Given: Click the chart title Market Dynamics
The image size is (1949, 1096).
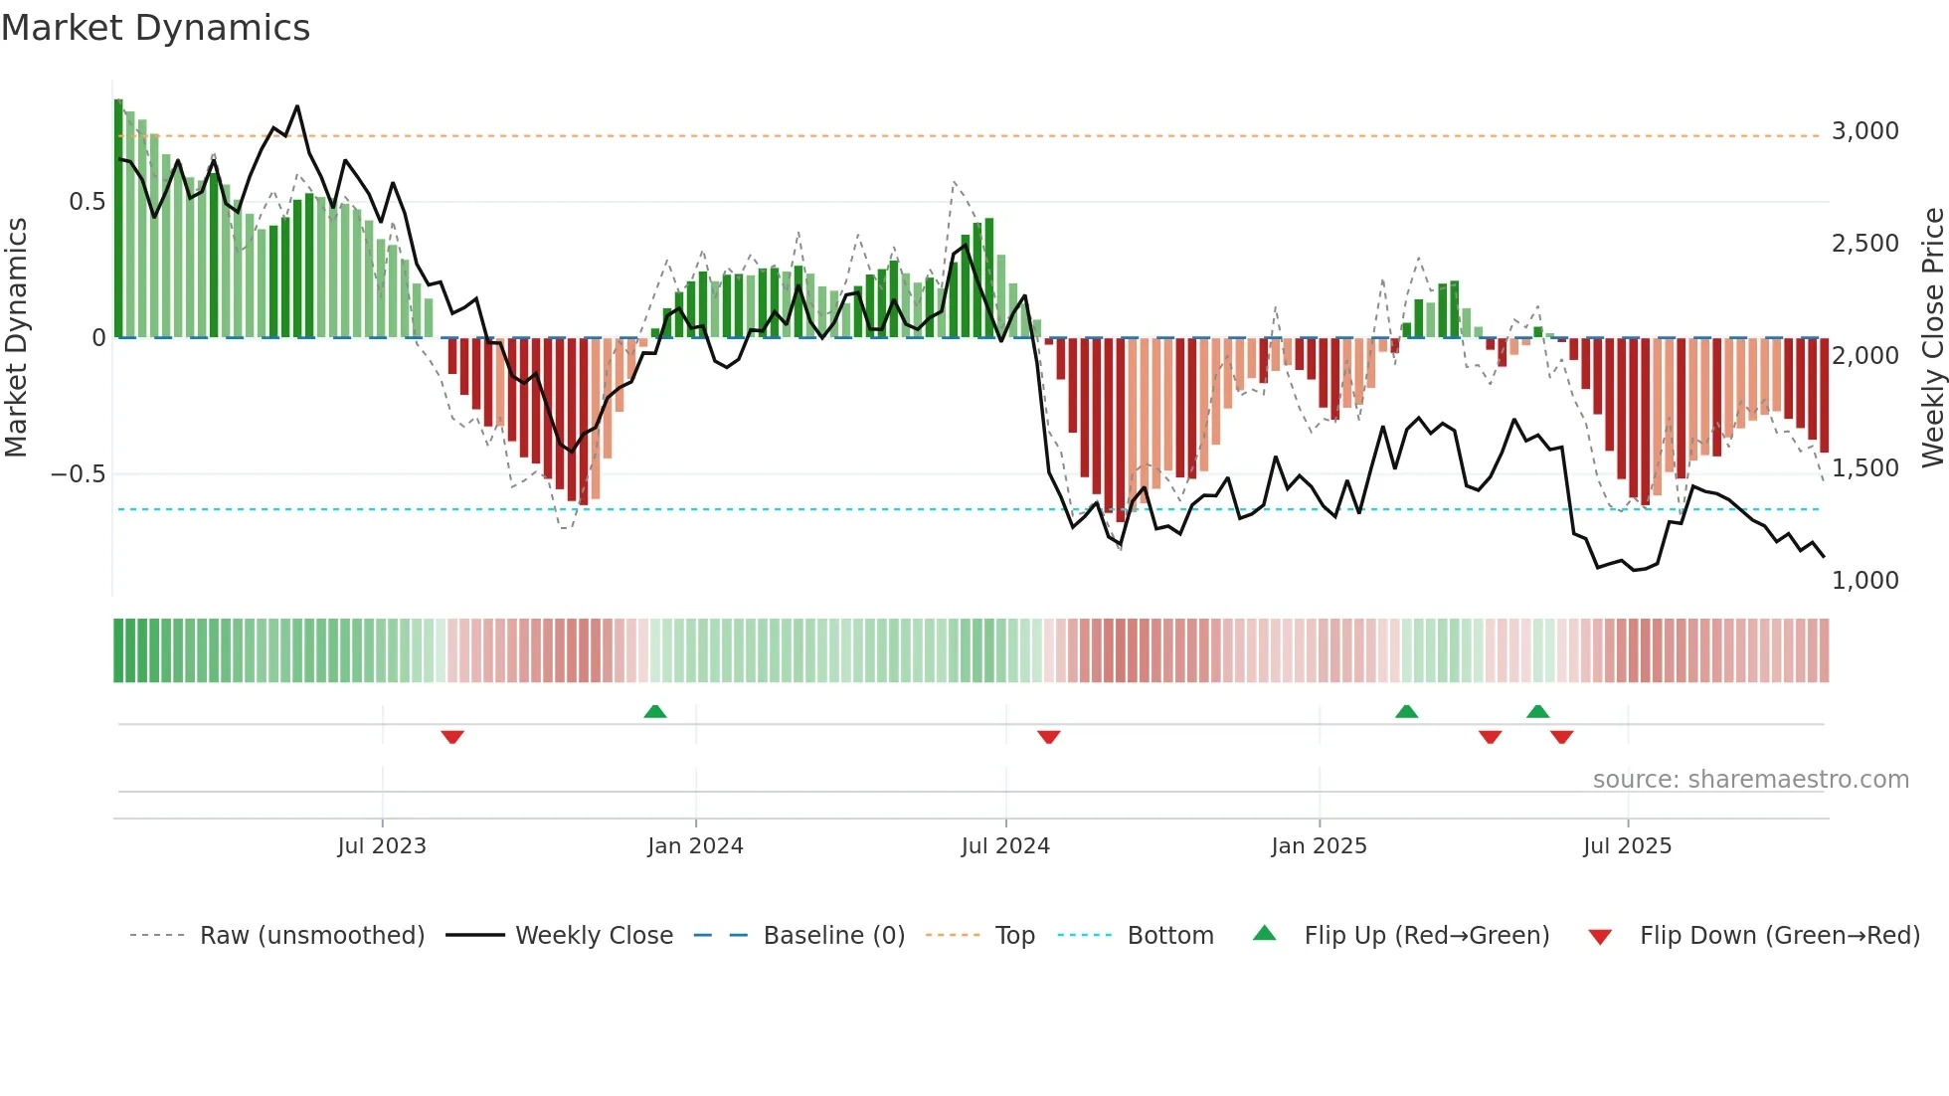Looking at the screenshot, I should pos(155,28).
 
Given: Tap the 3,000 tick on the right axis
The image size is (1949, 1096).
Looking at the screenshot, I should pos(1864,131).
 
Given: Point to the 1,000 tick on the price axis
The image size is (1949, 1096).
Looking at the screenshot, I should pos(1864,580).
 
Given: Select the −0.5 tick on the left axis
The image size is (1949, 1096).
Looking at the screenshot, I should pos(78,473).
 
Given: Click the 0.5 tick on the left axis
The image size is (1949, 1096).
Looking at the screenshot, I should pos(87,202).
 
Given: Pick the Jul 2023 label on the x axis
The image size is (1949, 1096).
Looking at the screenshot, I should pos(382,846).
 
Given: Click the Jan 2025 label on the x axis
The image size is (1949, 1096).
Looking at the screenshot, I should pos(1319,846).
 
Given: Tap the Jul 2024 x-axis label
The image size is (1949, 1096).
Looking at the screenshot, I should pos(1005,846).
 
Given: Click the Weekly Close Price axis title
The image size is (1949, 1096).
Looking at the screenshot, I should pos(1932,337).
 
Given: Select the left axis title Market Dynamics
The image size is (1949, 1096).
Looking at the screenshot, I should pos(16,337).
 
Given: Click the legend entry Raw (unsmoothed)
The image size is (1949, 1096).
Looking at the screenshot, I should pos(311,936).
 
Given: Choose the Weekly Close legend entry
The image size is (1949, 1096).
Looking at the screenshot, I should pos(594,936).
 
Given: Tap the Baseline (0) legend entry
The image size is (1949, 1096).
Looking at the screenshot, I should pos(833,936).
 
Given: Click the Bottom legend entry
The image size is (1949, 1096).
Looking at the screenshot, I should pos(1169,936).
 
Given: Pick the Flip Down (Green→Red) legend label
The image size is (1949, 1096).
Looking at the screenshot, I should pos(1779,936).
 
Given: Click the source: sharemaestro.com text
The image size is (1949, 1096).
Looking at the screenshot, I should pos(1750,780).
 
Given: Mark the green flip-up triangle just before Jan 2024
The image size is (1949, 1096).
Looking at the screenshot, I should pos(655,711).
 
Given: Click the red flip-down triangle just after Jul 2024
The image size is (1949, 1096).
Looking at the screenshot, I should pos(1049,737).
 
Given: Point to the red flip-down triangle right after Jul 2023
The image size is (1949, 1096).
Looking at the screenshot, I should pos(452,737).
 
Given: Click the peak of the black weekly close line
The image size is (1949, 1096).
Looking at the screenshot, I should pos(297,106).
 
